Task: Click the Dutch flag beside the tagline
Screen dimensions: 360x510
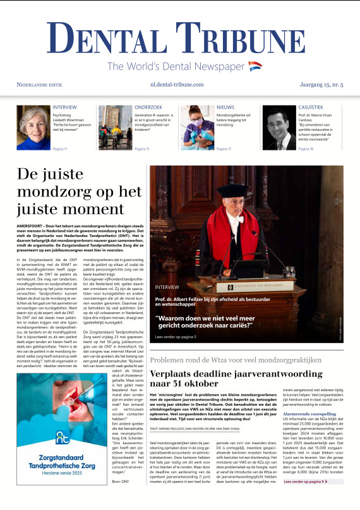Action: (x=255, y=66)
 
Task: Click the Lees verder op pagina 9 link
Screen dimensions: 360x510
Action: (x=304, y=499)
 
